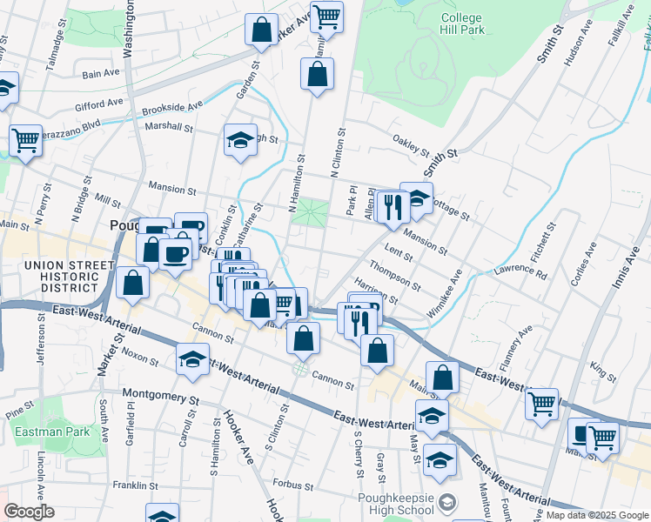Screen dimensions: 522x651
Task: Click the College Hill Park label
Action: [x=473, y=23]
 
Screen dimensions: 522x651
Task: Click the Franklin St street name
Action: [x=134, y=485]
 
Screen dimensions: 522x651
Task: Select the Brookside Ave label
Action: [x=171, y=108]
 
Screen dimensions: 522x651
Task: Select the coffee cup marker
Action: [x=175, y=254]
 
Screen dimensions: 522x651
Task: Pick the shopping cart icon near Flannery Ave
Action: [x=541, y=403]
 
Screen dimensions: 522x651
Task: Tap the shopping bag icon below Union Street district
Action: [x=132, y=283]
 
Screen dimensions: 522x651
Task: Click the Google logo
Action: [x=29, y=512]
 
